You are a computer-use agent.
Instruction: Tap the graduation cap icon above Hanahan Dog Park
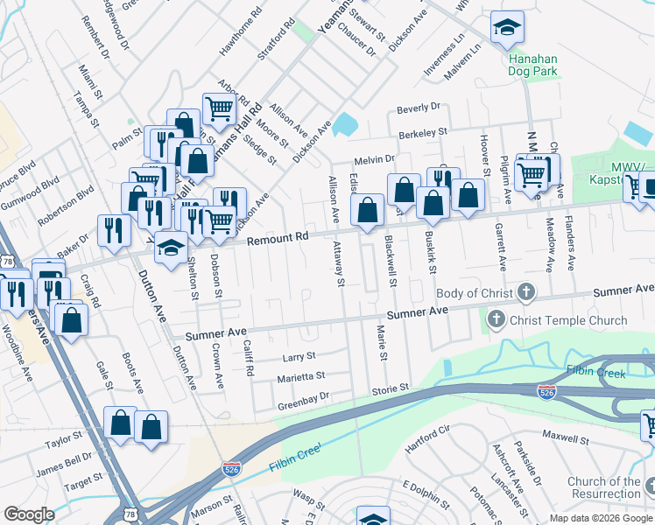(x=507, y=28)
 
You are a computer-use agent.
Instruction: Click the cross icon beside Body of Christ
(x=525, y=291)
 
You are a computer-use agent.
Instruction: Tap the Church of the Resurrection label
(x=603, y=488)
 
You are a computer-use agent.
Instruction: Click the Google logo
(x=29, y=514)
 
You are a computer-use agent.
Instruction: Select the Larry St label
(x=298, y=357)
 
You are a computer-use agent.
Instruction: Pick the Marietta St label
(x=301, y=375)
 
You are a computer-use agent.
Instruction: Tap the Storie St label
(x=391, y=388)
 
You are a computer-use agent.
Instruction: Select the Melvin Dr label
(x=375, y=159)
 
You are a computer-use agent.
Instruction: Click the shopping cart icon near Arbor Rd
(x=218, y=108)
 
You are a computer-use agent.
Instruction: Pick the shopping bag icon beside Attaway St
(x=368, y=210)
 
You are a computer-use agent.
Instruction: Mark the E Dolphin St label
(x=425, y=487)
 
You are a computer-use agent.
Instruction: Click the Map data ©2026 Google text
(x=601, y=518)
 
